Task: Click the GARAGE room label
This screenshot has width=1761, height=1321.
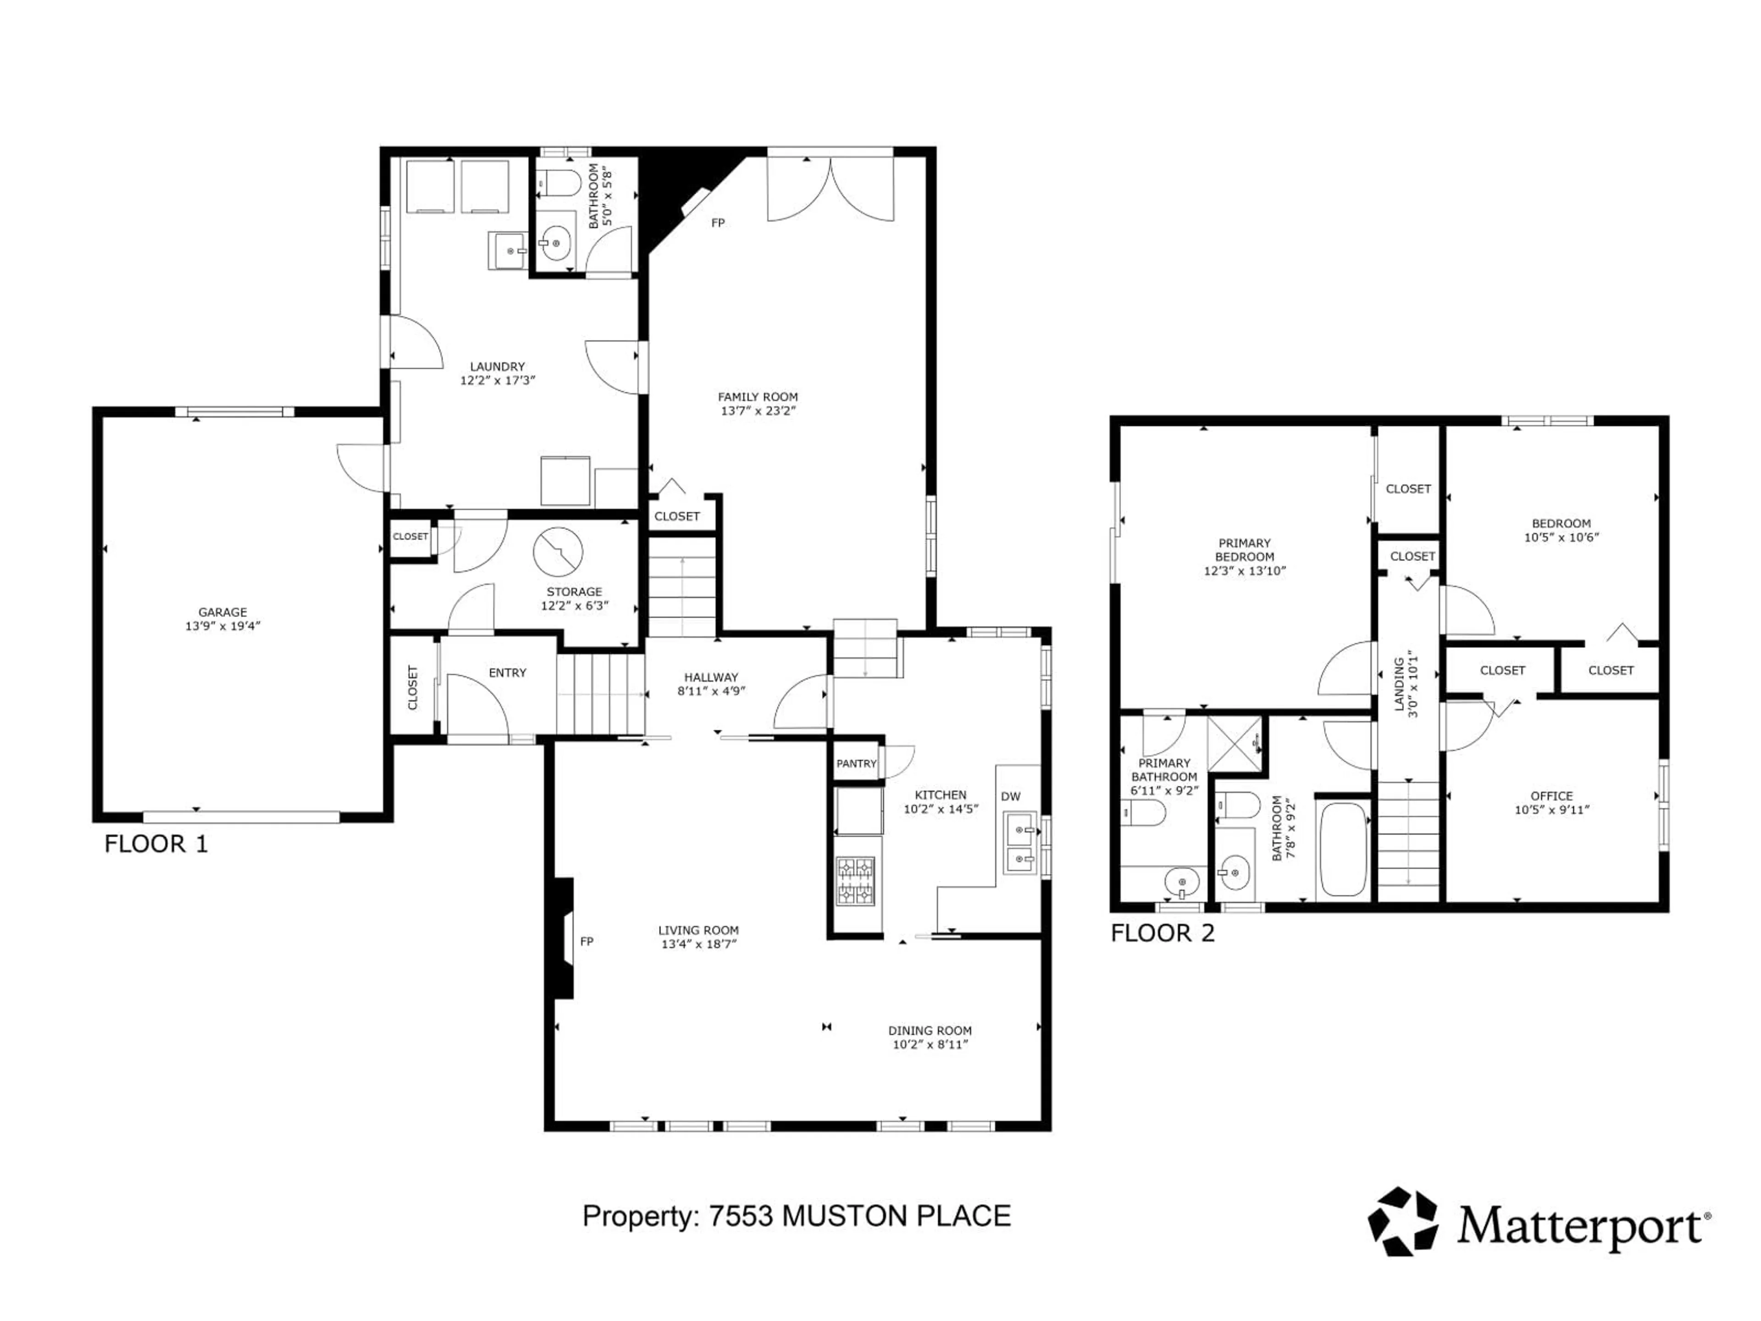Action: pos(223,612)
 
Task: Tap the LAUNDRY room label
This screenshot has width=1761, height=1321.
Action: pos(498,367)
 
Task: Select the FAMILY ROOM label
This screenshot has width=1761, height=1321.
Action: pos(758,397)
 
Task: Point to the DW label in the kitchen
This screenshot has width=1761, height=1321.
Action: pos(1010,796)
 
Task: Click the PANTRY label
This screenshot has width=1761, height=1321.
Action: pos(856,764)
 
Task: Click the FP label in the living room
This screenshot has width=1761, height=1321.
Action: pos(587,941)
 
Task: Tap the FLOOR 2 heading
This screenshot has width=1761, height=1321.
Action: pos(1163,932)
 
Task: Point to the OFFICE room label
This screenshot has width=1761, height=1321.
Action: pos(1551,795)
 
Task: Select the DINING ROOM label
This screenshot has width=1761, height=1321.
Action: pos(930,1030)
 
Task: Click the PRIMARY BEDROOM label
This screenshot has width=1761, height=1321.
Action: pos(1244,550)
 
